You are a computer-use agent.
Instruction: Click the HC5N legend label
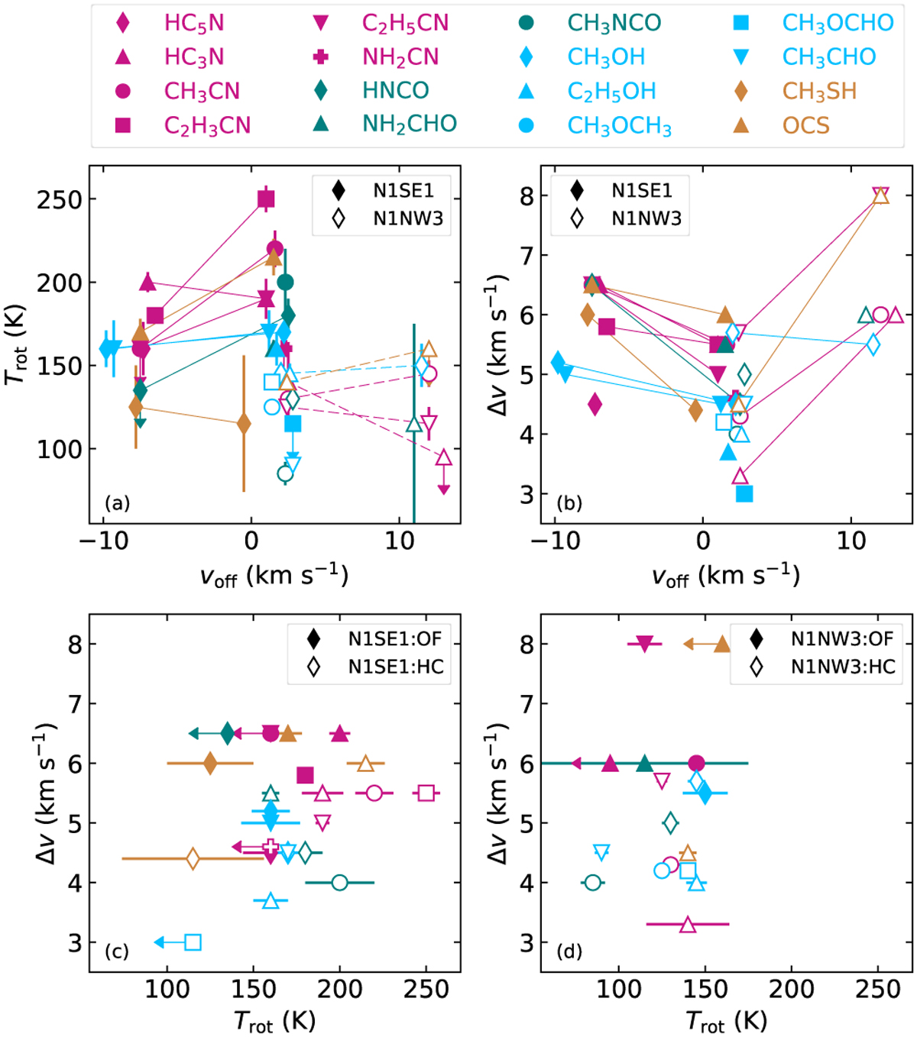pyautogui.click(x=194, y=23)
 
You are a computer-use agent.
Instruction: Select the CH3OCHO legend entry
pyautogui.click(x=838, y=23)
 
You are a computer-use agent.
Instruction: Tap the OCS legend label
pyautogui.click(x=805, y=125)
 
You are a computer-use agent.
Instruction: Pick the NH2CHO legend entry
pyautogui.click(x=410, y=124)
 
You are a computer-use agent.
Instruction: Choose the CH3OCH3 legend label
pyautogui.click(x=619, y=125)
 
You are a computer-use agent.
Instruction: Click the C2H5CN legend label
pyautogui.click(x=405, y=23)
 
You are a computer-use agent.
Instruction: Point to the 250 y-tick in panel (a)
pyautogui.click(x=60, y=199)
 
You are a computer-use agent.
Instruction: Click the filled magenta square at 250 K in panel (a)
pyautogui.click(x=266, y=200)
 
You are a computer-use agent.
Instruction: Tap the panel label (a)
pyautogui.click(x=117, y=502)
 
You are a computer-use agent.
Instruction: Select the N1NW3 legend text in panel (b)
pyautogui.click(x=646, y=219)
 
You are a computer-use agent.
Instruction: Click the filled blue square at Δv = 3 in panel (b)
pyautogui.click(x=744, y=494)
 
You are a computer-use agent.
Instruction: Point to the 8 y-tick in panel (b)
pyautogui.click(x=527, y=195)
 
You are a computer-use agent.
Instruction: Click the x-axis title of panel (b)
pyautogui.click(x=725, y=576)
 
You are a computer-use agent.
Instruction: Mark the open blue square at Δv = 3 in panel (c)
pyautogui.click(x=193, y=942)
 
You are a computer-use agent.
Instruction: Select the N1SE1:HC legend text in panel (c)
pyautogui.click(x=395, y=667)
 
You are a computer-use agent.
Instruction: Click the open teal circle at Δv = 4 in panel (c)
pyautogui.click(x=340, y=883)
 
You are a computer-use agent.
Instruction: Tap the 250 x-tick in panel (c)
pyautogui.click(x=426, y=990)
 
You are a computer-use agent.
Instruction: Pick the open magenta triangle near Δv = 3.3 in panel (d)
pyautogui.click(x=688, y=925)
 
